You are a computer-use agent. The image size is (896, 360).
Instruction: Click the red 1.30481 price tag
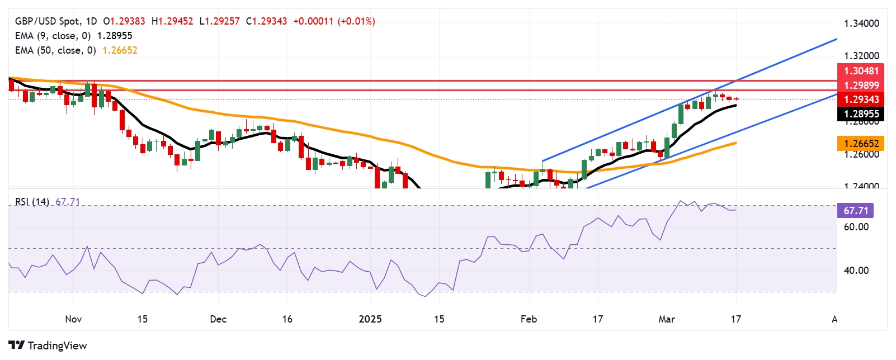click(861, 71)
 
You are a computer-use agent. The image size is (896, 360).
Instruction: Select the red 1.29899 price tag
click(861, 86)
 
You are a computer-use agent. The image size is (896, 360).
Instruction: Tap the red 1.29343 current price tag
click(861, 100)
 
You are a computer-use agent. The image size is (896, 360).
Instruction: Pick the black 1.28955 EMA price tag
click(861, 114)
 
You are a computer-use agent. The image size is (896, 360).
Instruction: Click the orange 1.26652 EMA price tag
click(861, 144)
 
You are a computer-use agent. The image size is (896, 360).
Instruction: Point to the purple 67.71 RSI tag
click(855, 211)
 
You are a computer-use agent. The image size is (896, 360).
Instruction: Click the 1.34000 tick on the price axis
click(861, 23)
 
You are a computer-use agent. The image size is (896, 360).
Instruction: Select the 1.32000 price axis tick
click(861, 56)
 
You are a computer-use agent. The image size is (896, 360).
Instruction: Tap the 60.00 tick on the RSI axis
click(856, 227)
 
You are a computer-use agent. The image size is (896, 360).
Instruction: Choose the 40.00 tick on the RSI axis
click(856, 271)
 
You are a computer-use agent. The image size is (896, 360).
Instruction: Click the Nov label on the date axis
click(73, 319)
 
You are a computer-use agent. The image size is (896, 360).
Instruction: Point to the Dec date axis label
click(218, 319)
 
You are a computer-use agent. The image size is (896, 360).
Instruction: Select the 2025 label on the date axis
click(370, 319)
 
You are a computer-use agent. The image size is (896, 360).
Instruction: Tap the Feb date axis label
click(529, 319)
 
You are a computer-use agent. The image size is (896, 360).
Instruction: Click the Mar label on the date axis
click(667, 319)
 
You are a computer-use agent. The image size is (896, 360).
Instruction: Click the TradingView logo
click(48, 345)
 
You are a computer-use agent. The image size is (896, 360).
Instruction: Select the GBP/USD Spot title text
click(48, 21)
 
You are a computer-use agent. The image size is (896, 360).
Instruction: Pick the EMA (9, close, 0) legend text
click(53, 36)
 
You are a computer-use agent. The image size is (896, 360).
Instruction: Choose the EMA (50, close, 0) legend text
click(55, 50)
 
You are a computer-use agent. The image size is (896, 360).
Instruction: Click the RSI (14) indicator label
click(32, 202)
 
